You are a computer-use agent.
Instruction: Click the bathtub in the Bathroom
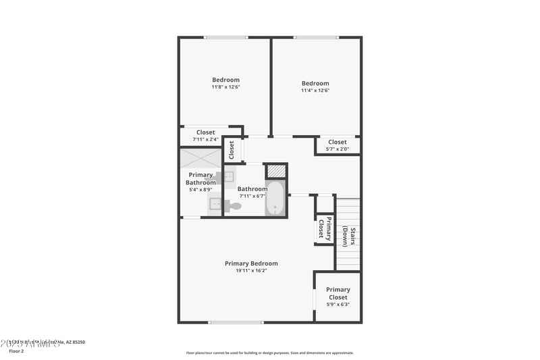click(x=275, y=199)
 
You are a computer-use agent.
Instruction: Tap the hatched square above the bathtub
click(x=276, y=170)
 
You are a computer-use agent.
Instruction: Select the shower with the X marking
click(x=200, y=157)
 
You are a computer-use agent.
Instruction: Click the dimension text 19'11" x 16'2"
click(x=251, y=271)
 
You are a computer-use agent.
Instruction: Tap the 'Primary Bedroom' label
click(x=251, y=263)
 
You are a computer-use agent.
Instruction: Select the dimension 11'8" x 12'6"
click(x=225, y=87)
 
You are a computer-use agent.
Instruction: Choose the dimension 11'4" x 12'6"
click(x=315, y=91)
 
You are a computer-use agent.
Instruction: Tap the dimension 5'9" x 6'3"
click(x=337, y=305)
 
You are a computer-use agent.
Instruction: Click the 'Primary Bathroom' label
click(x=201, y=178)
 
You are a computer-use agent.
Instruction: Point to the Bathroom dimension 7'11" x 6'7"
click(x=252, y=197)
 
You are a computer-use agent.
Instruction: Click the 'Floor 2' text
click(x=16, y=351)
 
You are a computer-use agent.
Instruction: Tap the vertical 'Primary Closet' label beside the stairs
click(x=325, y=228)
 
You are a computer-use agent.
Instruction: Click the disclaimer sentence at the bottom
click(x=270, y=353)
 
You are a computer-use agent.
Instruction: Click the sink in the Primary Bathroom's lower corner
click(x=215, y=204)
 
